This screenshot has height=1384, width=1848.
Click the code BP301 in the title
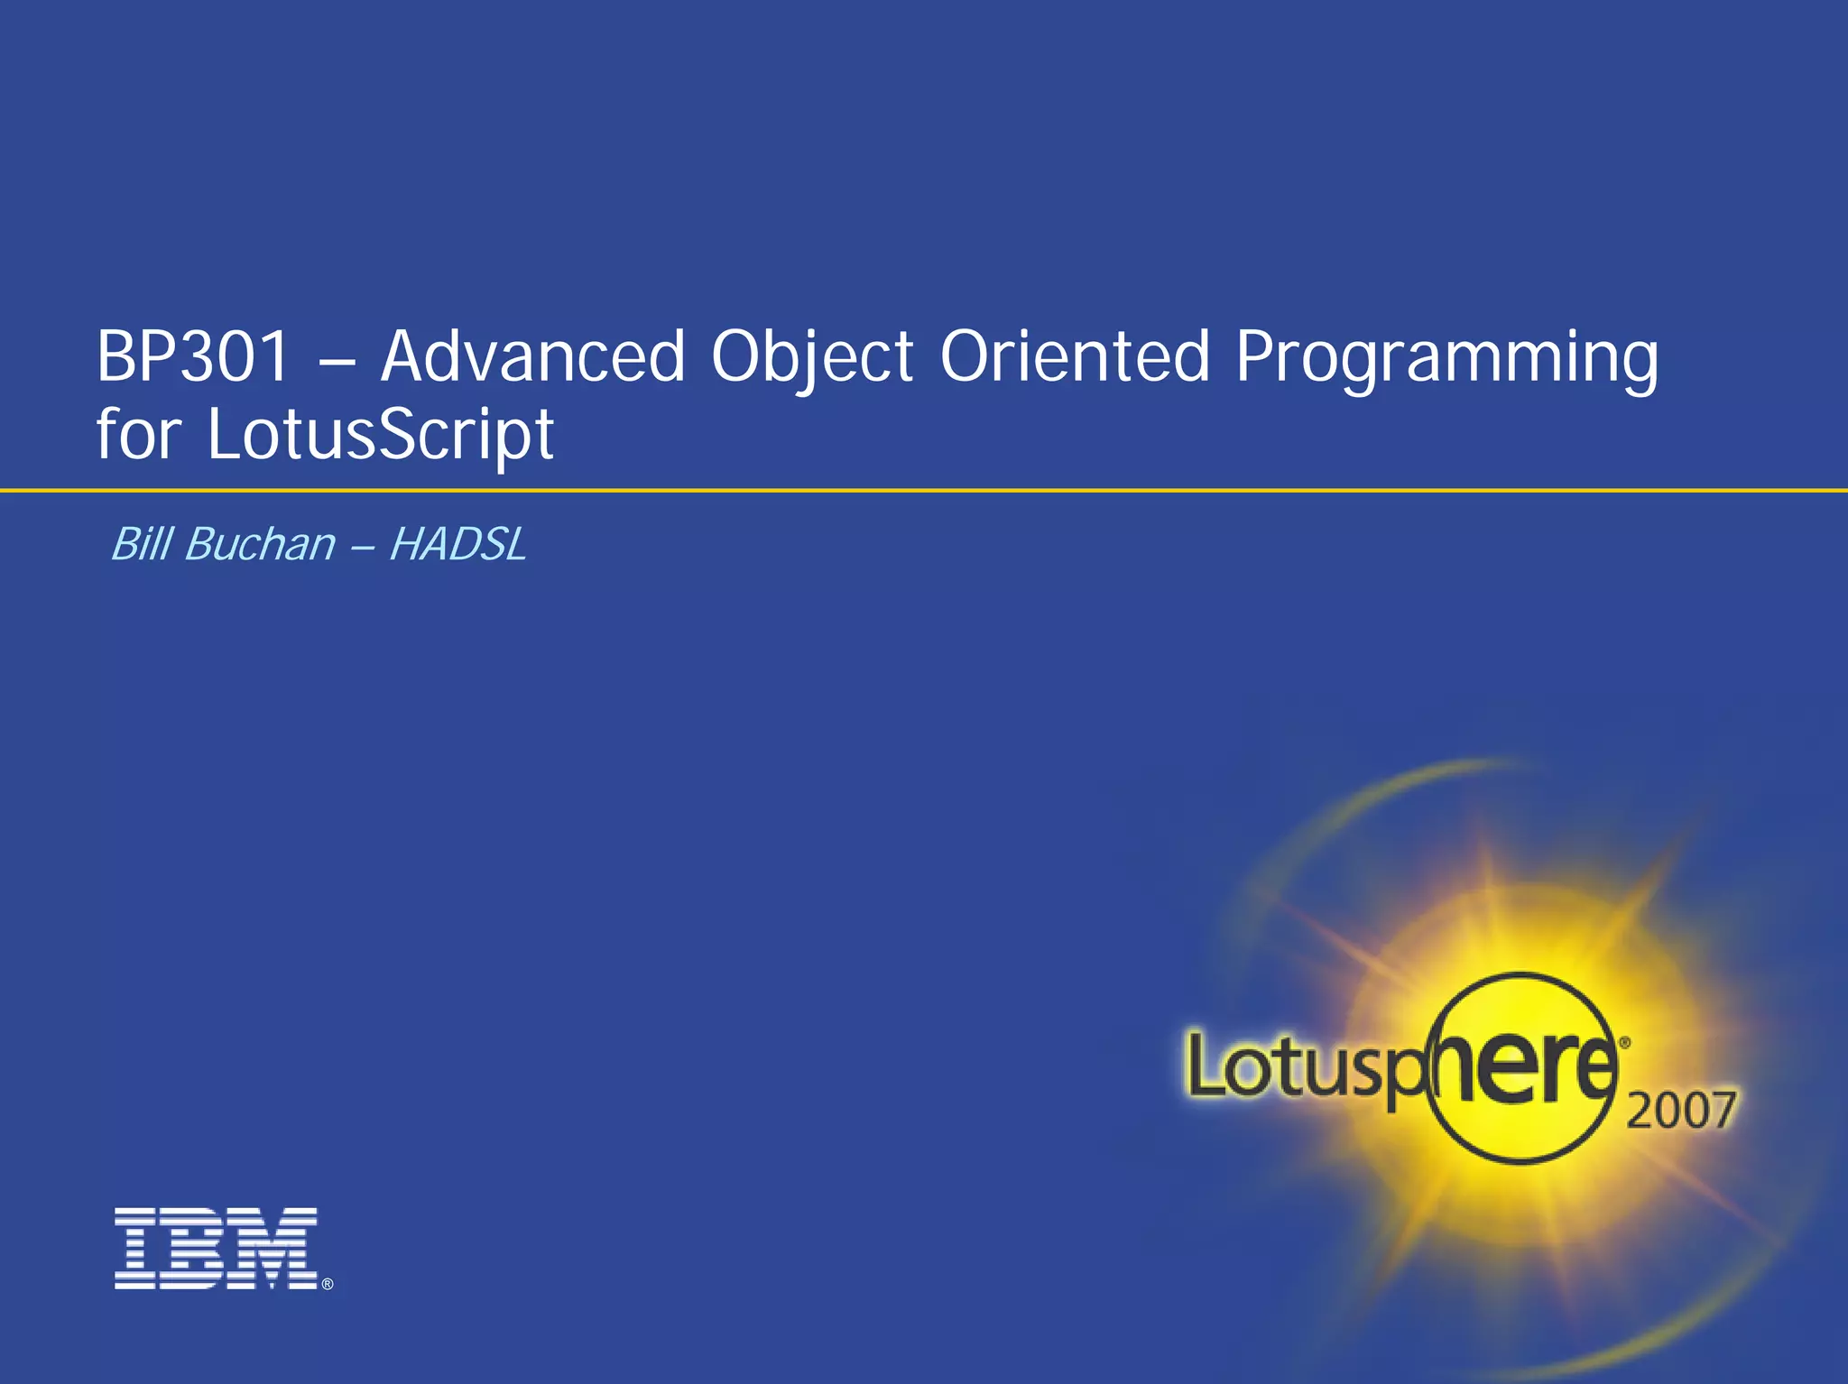pyautogui.click(x=192, y=356)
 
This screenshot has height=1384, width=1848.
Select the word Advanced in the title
pyautogui.click(x=533, y=356)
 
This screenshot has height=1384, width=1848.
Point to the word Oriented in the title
pyautogui.click(x=1074, y=356)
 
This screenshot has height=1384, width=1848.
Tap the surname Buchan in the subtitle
pyautogui.click(x=260, y=544)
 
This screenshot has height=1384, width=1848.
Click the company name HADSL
pyautogui.click(x=457, y=545)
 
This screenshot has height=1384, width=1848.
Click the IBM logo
pyautogui.click(x=217, y=1249)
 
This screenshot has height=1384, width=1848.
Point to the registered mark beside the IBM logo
pyautogui.click(x=328, y=1284)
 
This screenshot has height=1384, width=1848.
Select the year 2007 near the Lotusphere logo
pyautogui.click(x=1680, y=1110)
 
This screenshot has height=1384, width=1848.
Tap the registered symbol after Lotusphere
pyautogui.click(x=1625, y=1042)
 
